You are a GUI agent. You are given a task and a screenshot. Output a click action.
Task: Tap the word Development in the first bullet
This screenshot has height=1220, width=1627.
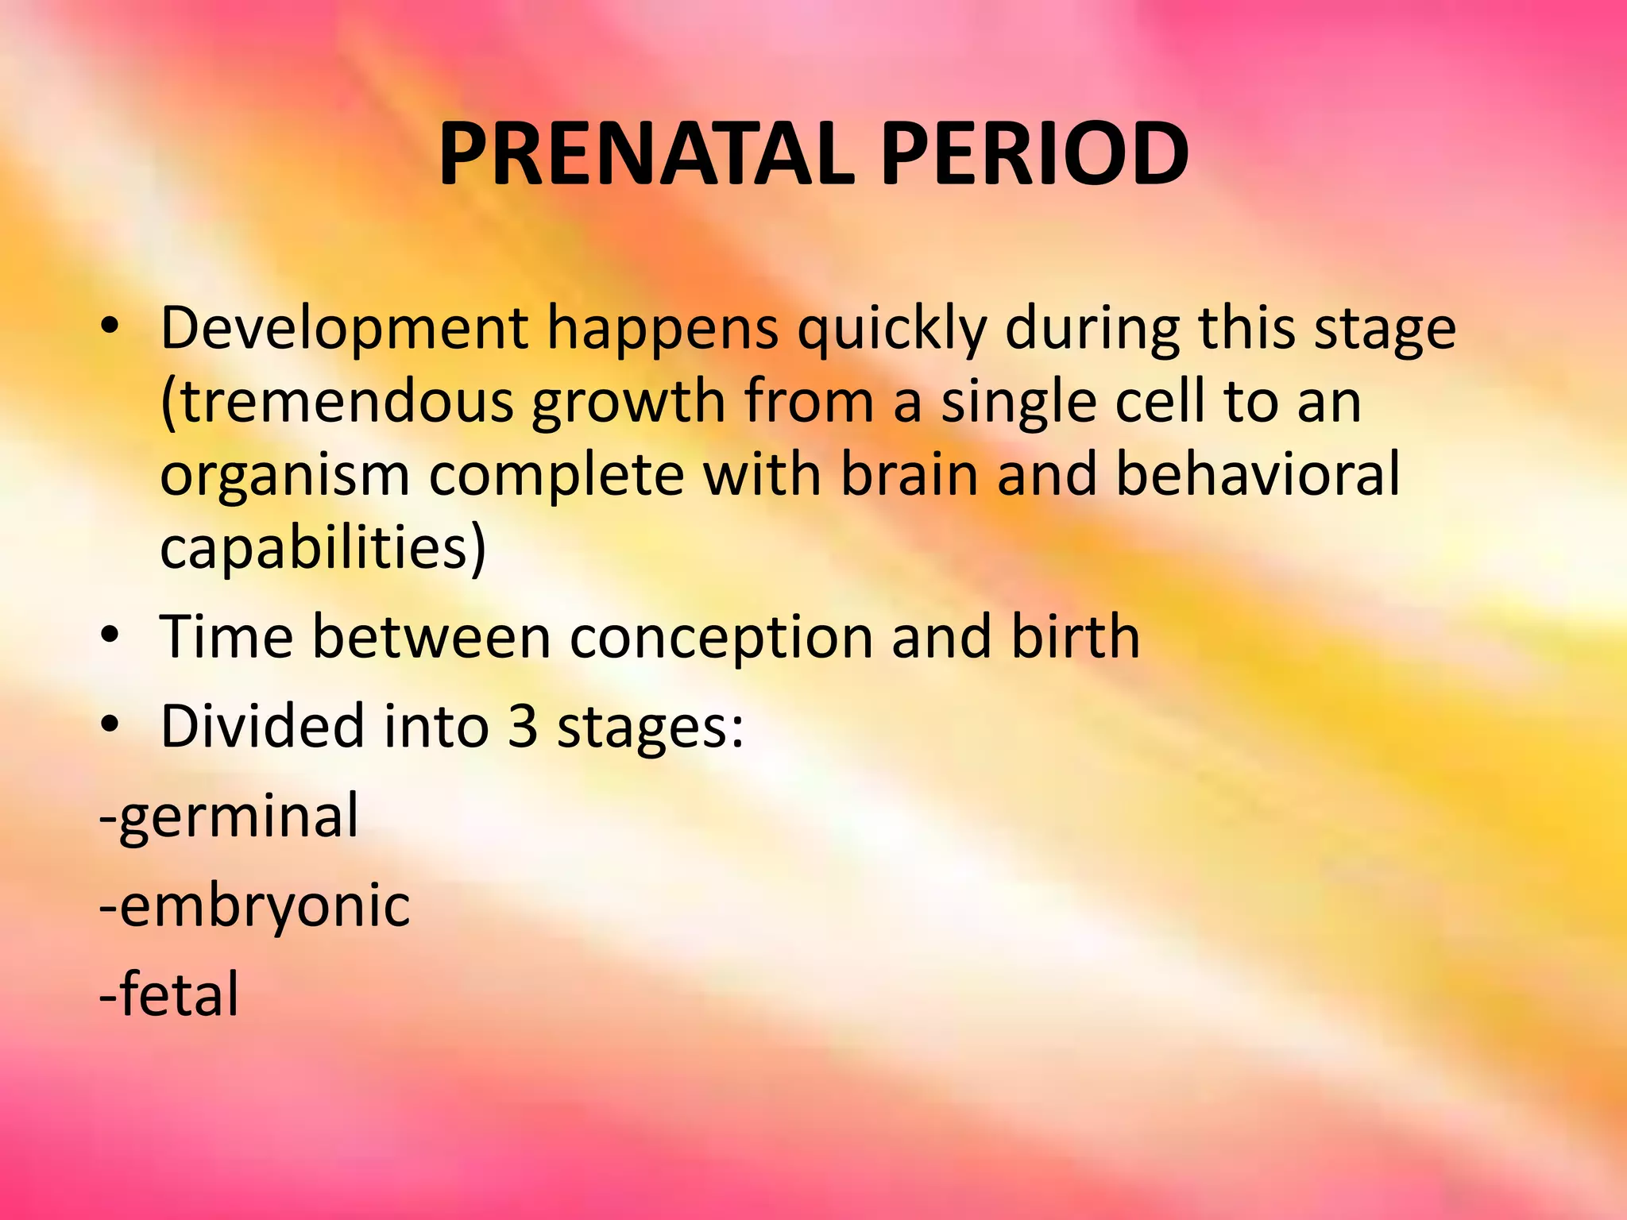344,329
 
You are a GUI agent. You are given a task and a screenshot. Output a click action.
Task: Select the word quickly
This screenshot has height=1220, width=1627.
891,329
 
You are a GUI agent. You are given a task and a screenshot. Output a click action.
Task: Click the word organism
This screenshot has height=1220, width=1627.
285,476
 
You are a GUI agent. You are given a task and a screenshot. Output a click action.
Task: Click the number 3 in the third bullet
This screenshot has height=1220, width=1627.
522,726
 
